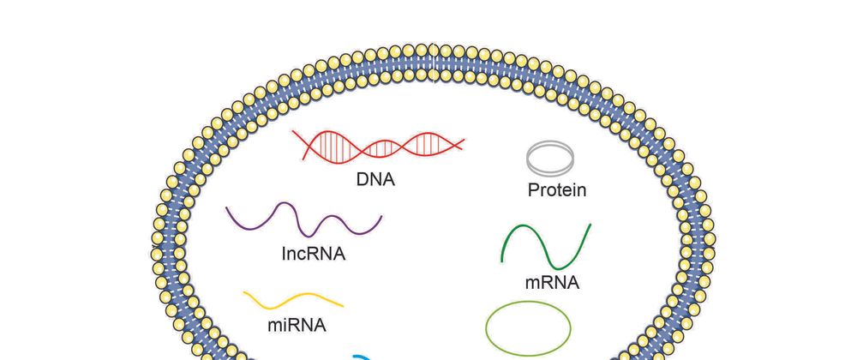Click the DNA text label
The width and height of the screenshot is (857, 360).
(x=375, y=180)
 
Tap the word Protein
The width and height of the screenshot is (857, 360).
(x=557, y=189)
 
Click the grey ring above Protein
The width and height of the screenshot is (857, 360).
(x=550, y=158)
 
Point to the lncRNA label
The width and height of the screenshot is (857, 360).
(x=313, y=254)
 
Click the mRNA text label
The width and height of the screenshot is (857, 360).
(x=551, y=282)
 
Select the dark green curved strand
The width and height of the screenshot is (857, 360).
(x=546, y=247)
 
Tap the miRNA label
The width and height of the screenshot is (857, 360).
(x=297, y=326)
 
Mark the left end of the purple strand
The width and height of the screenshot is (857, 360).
(x=228, y=207)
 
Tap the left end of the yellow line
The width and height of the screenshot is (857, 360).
(x=244, y=294)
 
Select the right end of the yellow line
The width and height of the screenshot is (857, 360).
(x=343, y=304)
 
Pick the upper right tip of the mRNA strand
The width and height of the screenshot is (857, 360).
(x=590, y=225)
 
